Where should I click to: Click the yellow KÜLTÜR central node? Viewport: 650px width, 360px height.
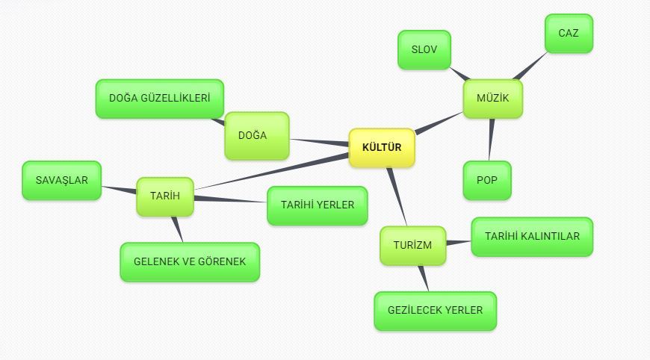[381, 148]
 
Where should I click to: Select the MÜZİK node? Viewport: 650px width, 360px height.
[492, 99]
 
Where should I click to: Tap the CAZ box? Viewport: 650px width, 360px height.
[568, 34]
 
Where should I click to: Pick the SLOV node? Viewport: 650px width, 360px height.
[424, 50]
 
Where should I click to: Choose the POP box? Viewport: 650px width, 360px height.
[486, 181]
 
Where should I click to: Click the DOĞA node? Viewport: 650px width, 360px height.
[256, 136]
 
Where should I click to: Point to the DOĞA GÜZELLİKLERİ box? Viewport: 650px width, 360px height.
[159, 99]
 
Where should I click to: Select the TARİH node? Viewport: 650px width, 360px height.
[164, 196]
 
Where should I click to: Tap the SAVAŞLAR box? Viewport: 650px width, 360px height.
[61, 181]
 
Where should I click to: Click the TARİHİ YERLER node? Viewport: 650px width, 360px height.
[317, 205]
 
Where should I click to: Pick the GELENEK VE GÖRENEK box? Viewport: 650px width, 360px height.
[189, 262]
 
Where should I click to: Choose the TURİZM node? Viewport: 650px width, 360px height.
[412, 246]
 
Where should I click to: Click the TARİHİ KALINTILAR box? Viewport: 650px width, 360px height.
[531, 237]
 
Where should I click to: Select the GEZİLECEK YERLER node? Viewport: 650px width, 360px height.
[435, 311]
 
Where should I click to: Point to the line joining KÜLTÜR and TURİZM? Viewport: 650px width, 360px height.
[397, 196]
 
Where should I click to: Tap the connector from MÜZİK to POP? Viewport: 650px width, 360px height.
[491, 140]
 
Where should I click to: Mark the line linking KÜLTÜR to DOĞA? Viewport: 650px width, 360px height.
[320, 141]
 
